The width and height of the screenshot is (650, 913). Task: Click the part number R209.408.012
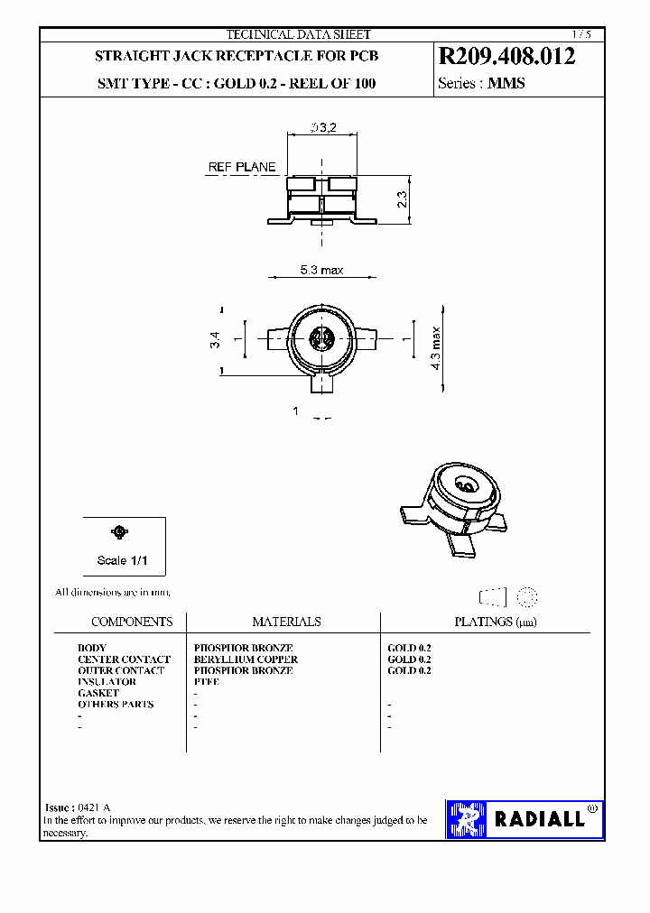(506, 57)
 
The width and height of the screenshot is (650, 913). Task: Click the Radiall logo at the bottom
(525, 819)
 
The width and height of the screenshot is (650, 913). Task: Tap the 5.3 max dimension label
(321, 271)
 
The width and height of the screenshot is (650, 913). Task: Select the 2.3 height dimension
(403, 198)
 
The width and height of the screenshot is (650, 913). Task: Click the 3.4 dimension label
(215, 340)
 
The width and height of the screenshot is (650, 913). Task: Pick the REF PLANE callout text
(242, 168)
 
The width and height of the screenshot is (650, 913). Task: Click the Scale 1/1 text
(122, 560)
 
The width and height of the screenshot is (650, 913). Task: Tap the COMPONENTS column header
(132, 622)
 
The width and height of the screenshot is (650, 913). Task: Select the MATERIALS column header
(286, 622)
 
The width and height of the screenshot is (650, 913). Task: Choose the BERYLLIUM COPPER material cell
(246, 659)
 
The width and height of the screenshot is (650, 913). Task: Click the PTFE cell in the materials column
(207, 682)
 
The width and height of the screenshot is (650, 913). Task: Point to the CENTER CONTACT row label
(124, 659)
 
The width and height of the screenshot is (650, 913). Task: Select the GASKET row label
(98, 693)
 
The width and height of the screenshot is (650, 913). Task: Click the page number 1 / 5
(581, 34)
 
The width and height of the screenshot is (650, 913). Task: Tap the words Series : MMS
(481, 83)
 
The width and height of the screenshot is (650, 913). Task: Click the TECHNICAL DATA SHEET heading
(298, 34)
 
